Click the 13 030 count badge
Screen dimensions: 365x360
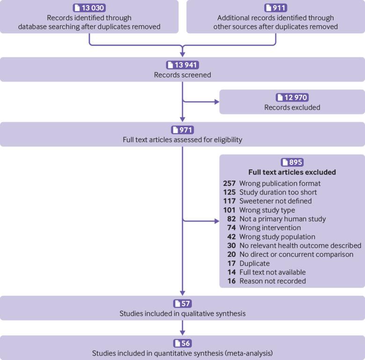coord(89,8)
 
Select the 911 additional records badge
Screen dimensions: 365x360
coord(276,8)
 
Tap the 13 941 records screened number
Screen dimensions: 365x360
coord(182,65)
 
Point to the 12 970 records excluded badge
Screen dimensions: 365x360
coord(292,97)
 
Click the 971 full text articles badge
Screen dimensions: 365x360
coord(182,130)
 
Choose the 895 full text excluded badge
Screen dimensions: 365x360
coord(292,162)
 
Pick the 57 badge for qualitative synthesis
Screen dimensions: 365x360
coord(182,304)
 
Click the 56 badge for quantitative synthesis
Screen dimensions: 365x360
coord(182,343)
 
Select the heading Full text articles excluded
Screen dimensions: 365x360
coord(292,172)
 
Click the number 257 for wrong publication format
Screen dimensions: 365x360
coord(229,184)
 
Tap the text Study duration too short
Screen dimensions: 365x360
coord(278,192)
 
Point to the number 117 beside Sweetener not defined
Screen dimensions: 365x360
coord(229,201)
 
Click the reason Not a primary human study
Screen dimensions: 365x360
coord(283,219)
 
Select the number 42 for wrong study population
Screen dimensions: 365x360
coord(231,237)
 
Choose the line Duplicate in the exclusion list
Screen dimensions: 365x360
coord(255,264)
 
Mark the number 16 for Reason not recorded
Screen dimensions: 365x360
coord(231,281)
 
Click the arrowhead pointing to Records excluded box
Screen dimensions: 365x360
coord(217,102)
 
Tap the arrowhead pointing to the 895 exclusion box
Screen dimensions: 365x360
coord(217,221)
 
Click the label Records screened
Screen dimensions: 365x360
coord(182,75)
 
